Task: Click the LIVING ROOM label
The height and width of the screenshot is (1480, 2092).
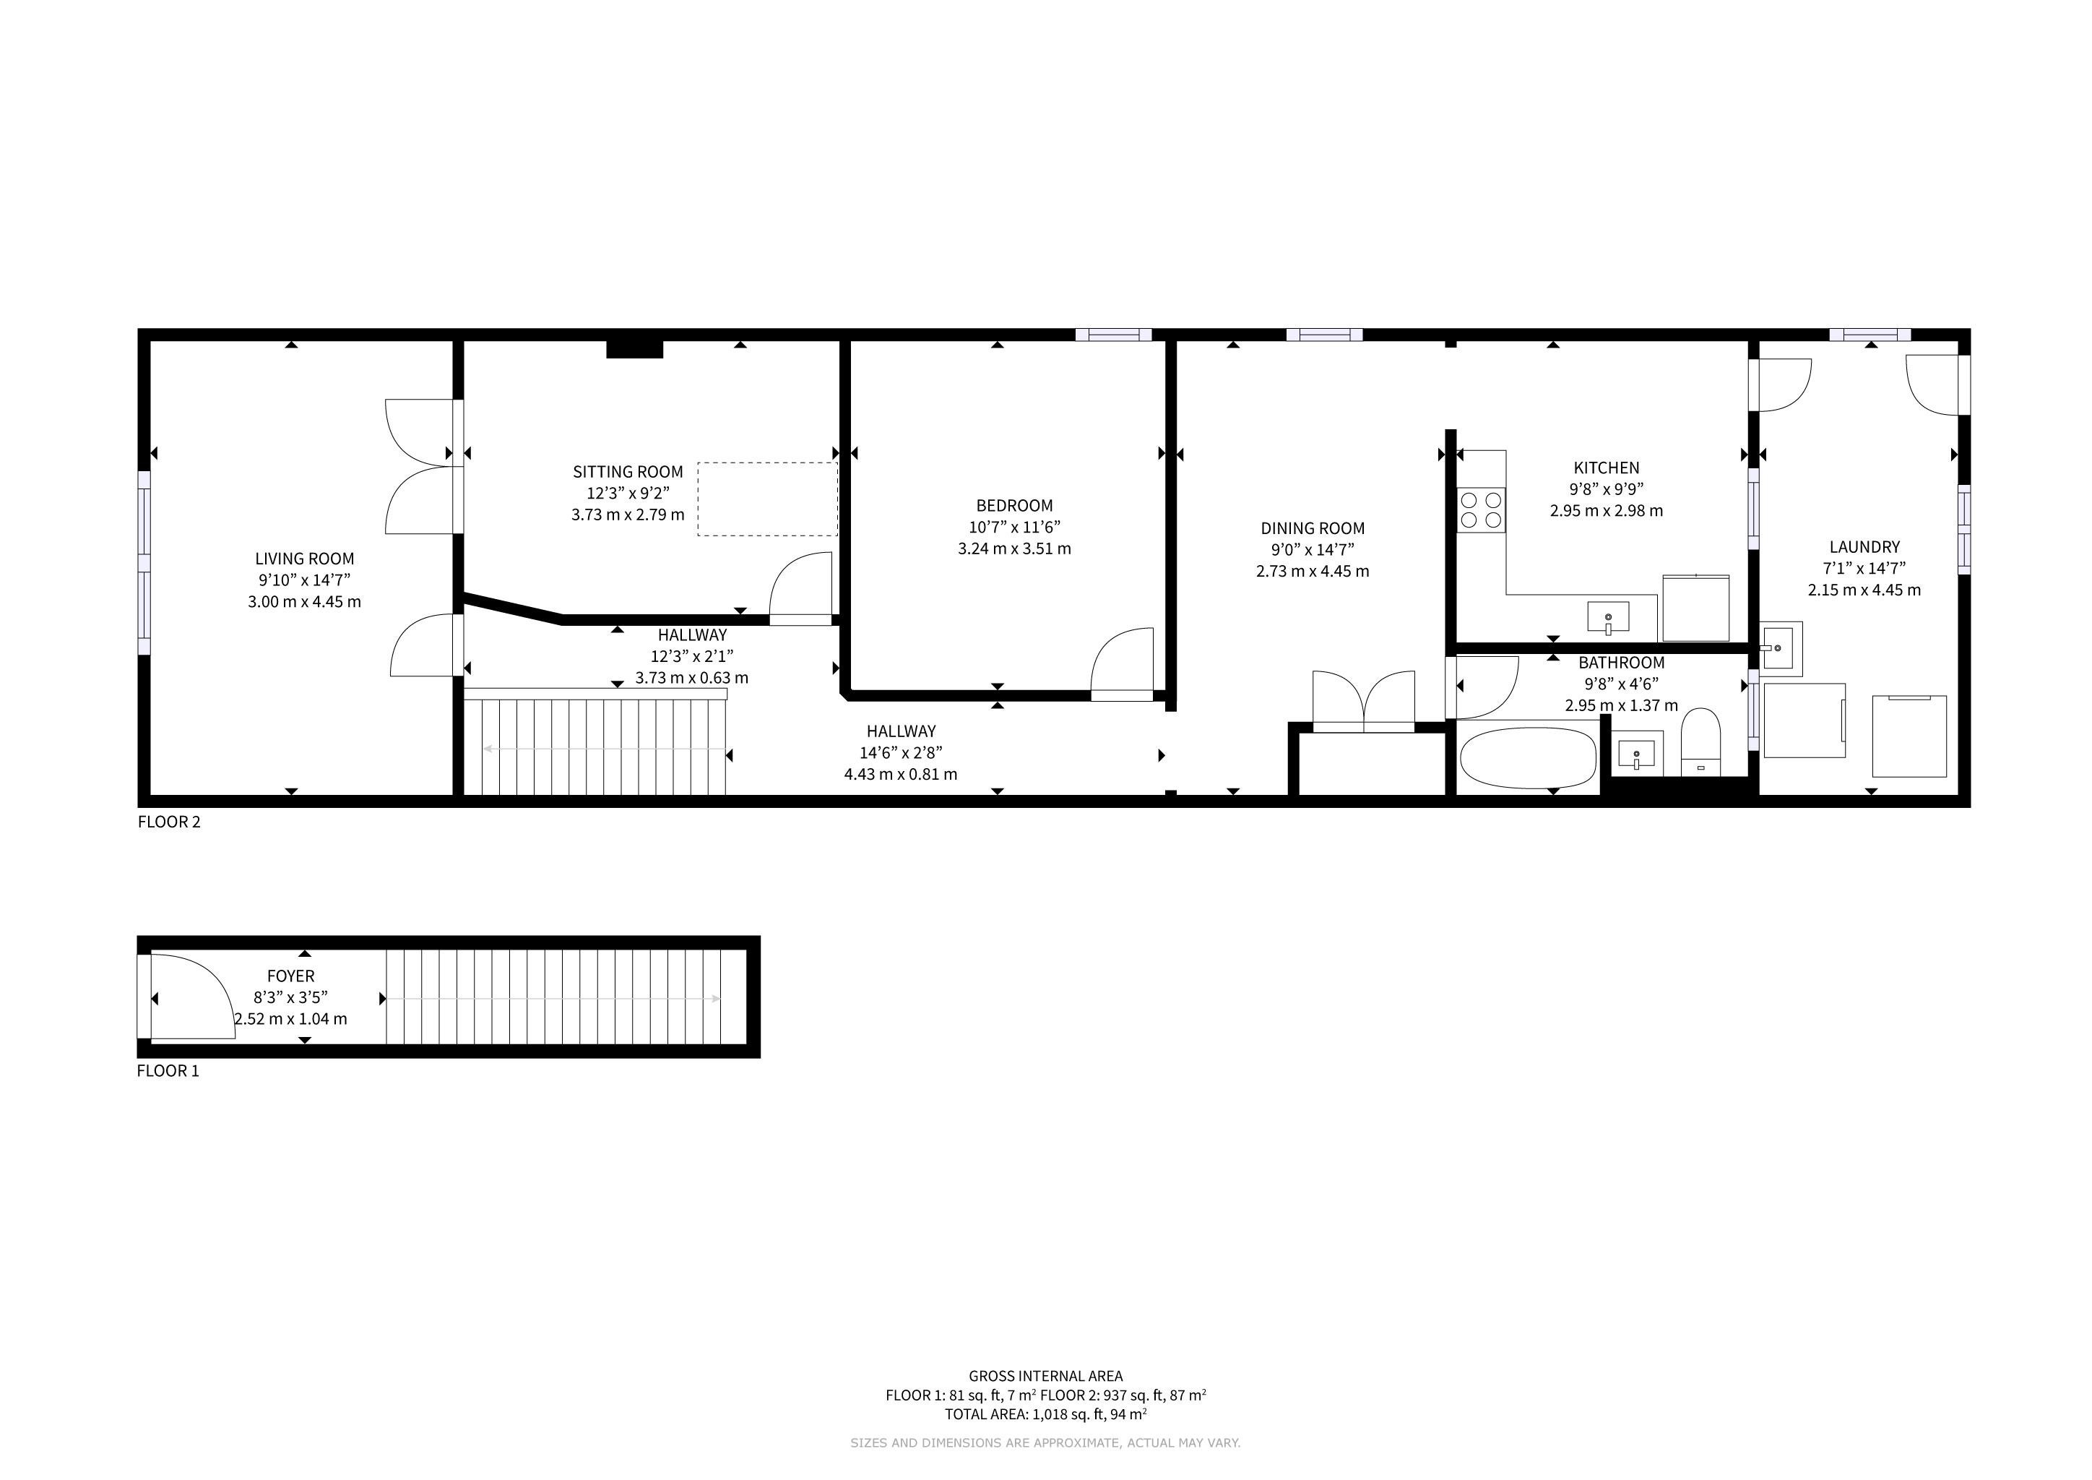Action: click(x=304, y=559)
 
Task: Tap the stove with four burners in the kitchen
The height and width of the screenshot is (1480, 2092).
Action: click(x=1481, y=510)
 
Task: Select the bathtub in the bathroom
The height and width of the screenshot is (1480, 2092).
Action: click(x=1528, y=758)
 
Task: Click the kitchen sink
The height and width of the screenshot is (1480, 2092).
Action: click(x=1608, y=618)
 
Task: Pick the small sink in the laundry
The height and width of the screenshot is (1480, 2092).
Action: click(x=1781, y=648)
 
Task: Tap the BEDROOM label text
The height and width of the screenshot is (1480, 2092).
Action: click(x=1014, y=506)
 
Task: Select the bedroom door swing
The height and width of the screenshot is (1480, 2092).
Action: click(x=1123, y=662)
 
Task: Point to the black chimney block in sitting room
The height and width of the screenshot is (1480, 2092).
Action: click(x=634, y=348)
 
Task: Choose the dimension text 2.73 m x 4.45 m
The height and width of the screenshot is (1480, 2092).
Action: click(x=1312, y=572)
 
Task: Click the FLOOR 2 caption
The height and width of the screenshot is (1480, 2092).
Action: click(x=168, y=822)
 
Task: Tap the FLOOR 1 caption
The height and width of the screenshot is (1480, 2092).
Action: click(x=168, y=1071)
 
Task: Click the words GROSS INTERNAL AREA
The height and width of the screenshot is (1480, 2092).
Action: click(x=1046, y=1376)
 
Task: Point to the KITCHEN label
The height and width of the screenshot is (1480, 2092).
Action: click(x=1607, y=468)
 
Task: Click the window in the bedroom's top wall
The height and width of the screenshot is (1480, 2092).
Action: click(x=1113, y=335)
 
